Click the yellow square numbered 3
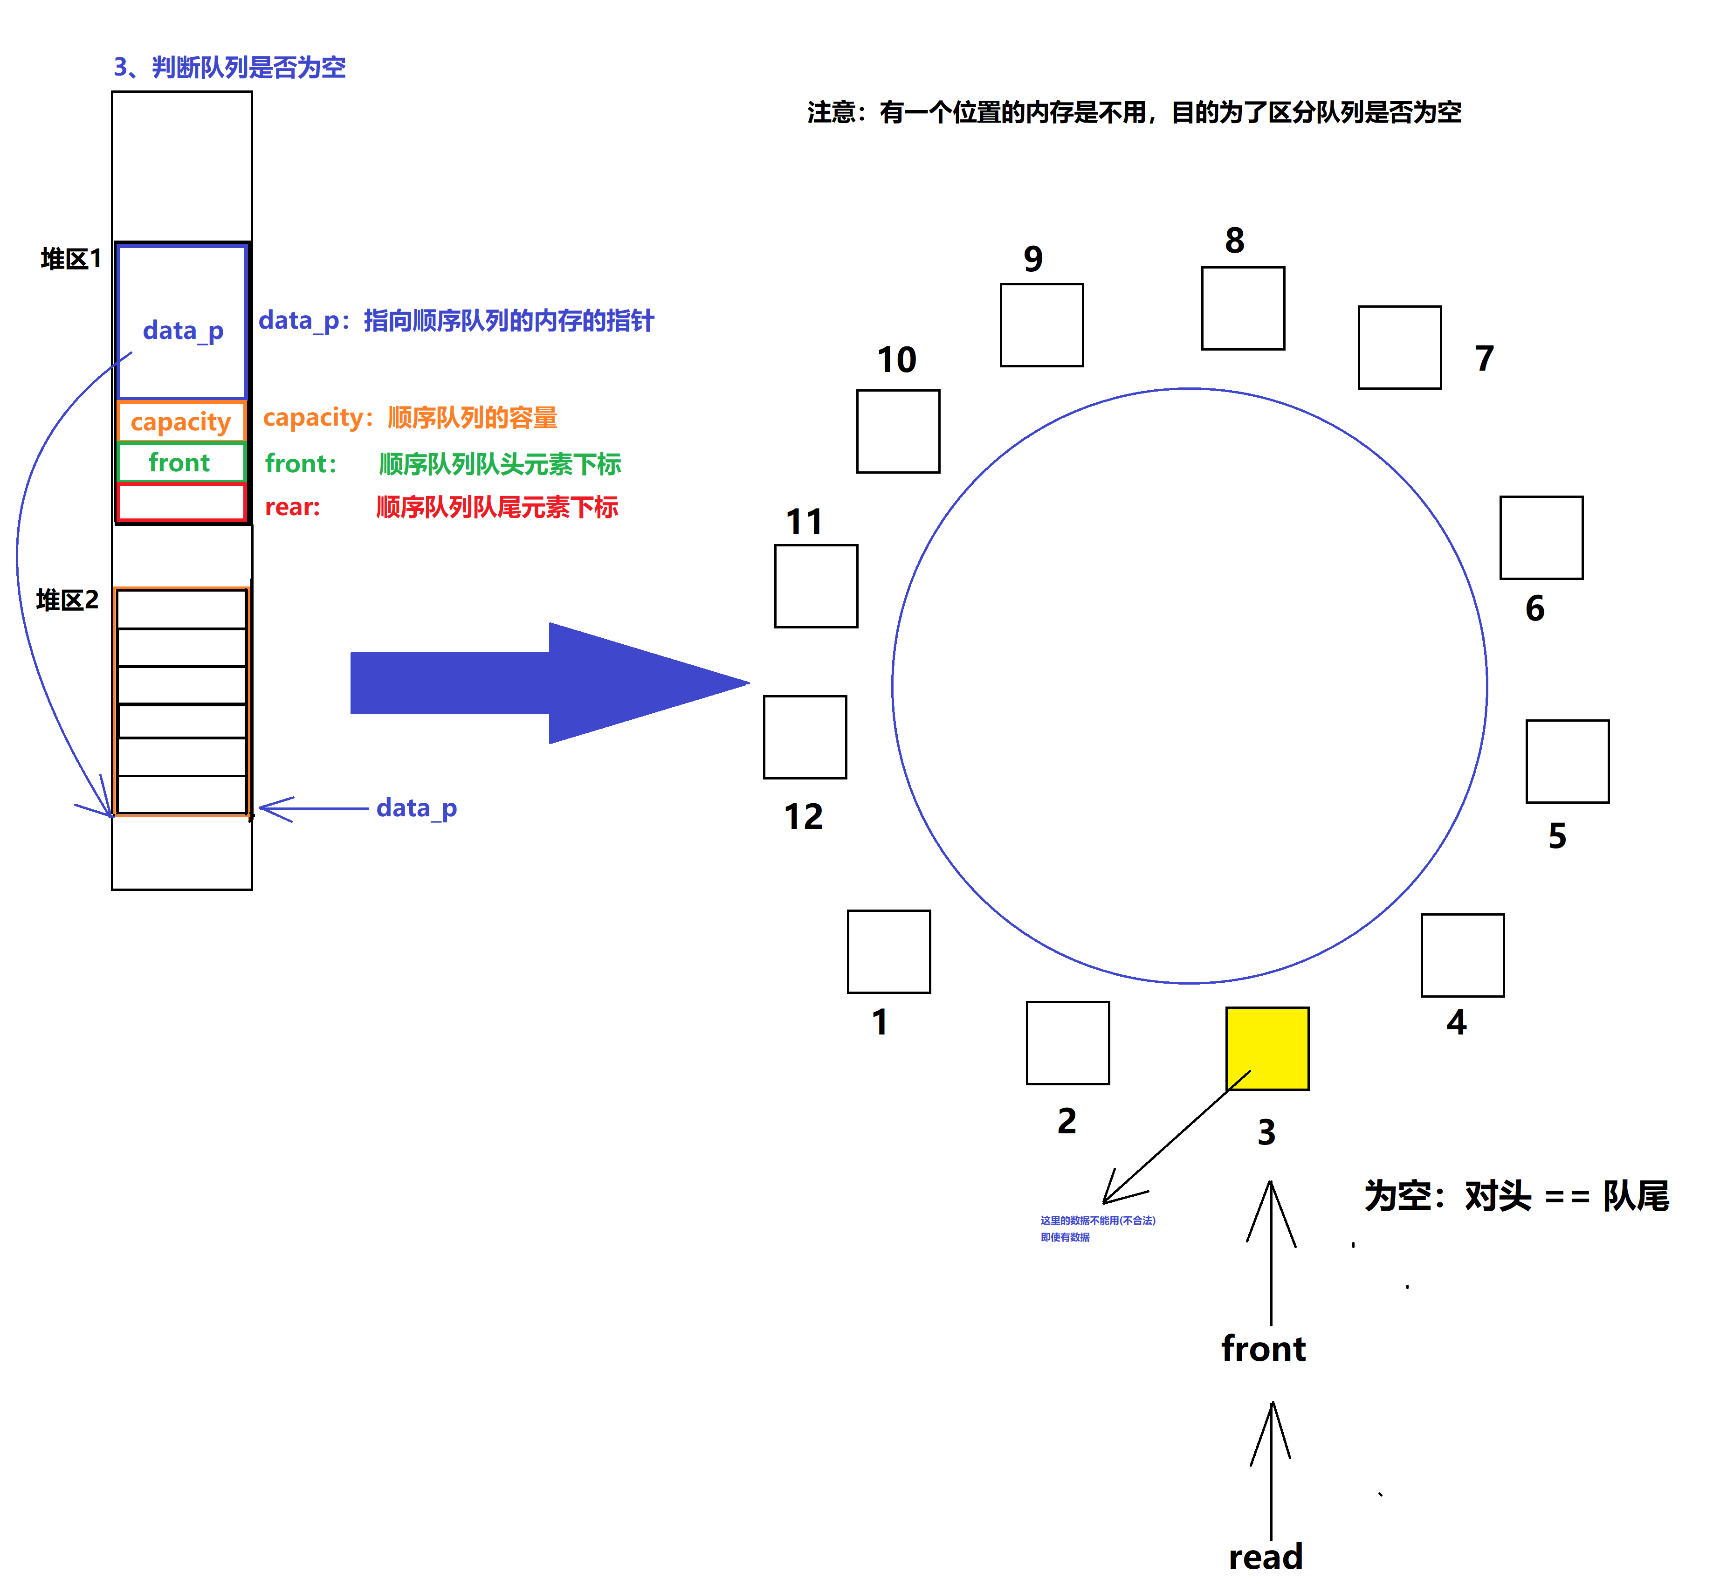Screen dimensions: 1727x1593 [x=1267, y=1048]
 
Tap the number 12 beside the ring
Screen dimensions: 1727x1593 [x=803, y=816]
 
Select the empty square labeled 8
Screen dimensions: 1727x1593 [x=1243, y=308]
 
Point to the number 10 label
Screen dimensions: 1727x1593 [x=896, y=359]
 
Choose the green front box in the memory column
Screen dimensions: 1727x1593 [x=181, y=462]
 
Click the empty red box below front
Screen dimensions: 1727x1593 [x=181, y=502]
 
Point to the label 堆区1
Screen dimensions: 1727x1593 [x=71, y=259]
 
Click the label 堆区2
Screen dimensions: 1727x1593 [x=67, y=600]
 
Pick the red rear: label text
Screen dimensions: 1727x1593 [x=292, y=507]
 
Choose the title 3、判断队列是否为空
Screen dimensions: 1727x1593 [x=229, y=67]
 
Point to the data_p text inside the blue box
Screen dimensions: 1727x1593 [x=183, y=331]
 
